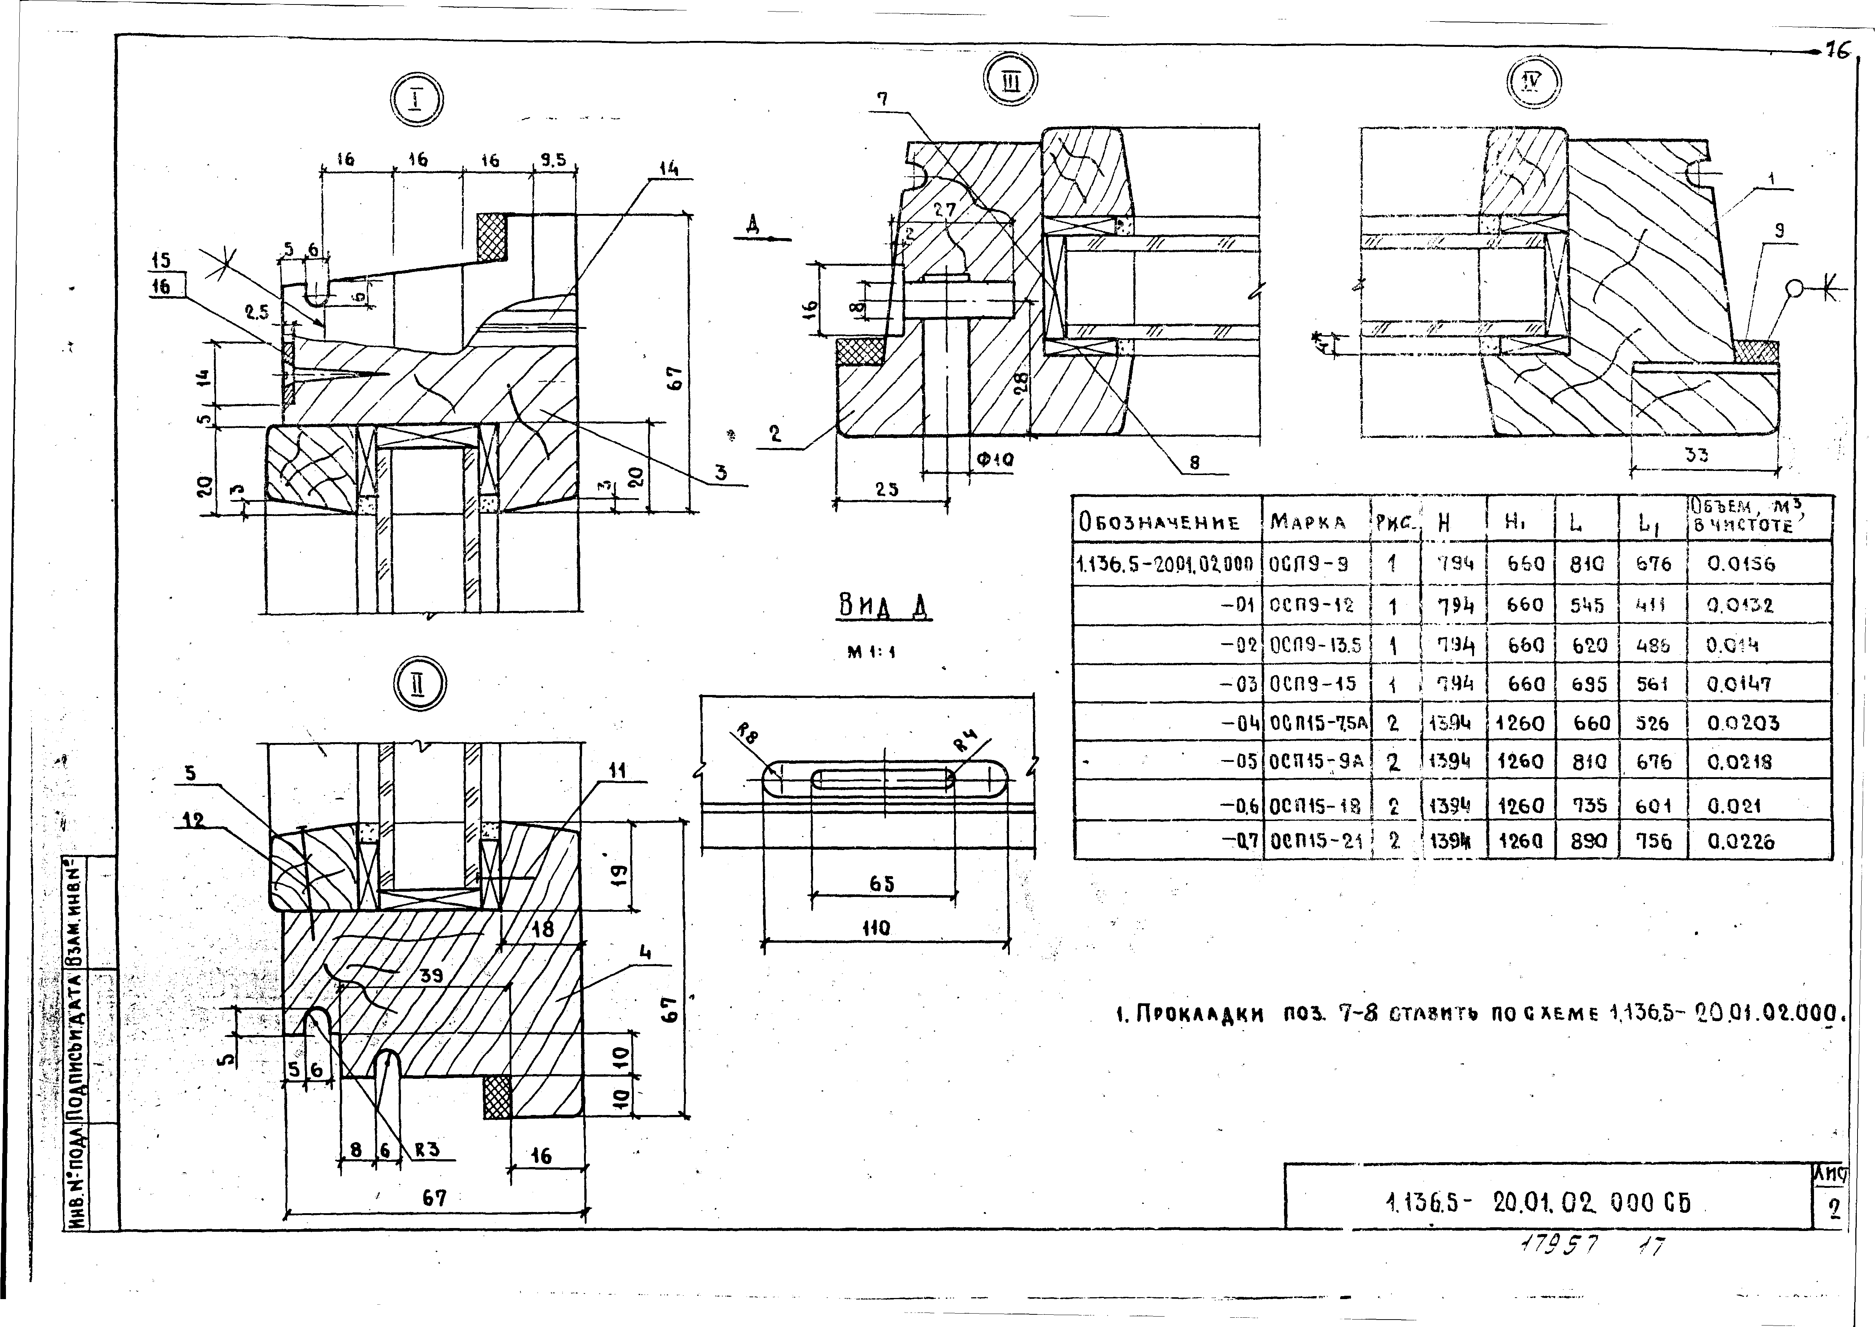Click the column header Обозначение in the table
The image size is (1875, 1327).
click(x=1159, y=522)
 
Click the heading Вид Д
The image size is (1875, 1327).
click(x=885, y=607)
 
